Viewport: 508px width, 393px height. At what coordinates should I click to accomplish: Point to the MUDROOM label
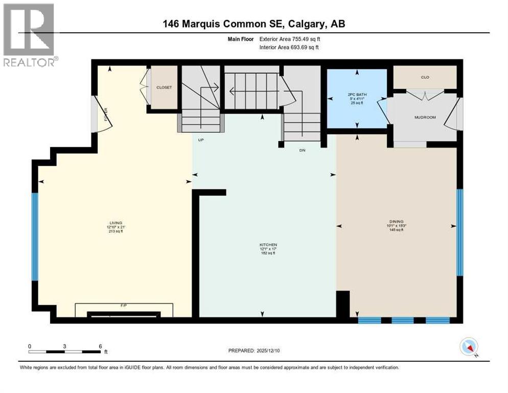tap(425, 117)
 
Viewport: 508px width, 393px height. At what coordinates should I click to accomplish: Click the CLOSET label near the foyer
tap(164, 88)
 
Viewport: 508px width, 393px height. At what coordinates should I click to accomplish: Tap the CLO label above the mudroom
tap(424, 78)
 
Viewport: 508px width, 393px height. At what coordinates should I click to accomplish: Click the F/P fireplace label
tap(123, 305)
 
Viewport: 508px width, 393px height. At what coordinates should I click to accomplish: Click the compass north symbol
tap(469, 347)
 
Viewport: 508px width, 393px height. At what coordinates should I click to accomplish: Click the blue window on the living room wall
tap(35, 236)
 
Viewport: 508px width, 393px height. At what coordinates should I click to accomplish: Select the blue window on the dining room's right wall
tap(459, 232)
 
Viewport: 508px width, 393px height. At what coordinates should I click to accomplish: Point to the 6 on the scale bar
tap(100, 346)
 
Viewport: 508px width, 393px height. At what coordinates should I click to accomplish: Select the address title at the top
tap(254, 24)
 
